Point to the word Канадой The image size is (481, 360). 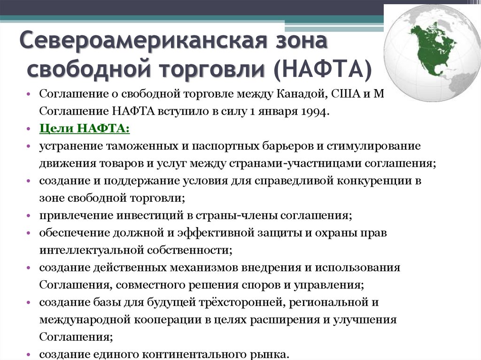point(295,94)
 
